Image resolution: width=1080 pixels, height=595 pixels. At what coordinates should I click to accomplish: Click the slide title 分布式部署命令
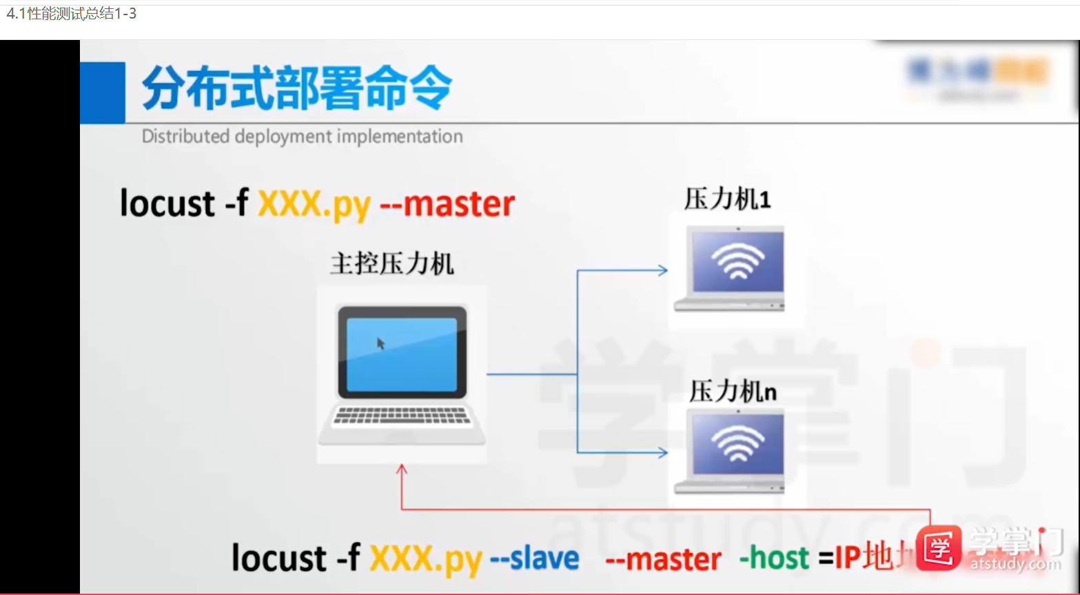point(296,88)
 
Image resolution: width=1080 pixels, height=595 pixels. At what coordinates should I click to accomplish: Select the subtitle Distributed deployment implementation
point(302,137)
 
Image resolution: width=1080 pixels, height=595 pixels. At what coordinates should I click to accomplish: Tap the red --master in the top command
point(447,205)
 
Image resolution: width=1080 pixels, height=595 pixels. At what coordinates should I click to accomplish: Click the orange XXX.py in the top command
point(314,205)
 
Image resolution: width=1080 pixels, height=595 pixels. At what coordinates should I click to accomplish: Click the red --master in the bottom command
point(663,559)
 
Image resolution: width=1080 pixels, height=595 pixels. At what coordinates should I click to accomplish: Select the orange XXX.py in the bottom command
point(425,559)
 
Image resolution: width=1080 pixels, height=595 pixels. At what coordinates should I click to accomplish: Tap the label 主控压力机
point(391,264)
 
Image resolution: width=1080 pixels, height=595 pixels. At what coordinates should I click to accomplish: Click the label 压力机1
point(727,199)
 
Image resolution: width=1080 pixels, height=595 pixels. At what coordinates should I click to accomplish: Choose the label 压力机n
point(733,392)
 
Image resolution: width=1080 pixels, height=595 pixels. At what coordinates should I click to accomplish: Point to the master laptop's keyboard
point(402,416)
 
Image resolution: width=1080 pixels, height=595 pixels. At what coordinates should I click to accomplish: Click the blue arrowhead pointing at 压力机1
point(663,270)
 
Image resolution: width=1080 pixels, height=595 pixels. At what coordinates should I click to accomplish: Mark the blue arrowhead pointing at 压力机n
point(663,453)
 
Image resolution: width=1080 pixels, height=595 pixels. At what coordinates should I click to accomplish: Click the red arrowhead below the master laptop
point(402,470)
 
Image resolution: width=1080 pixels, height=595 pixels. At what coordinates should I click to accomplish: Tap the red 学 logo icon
point(939,548)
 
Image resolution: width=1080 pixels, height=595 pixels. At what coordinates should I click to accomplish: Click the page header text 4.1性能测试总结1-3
point(72,13)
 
